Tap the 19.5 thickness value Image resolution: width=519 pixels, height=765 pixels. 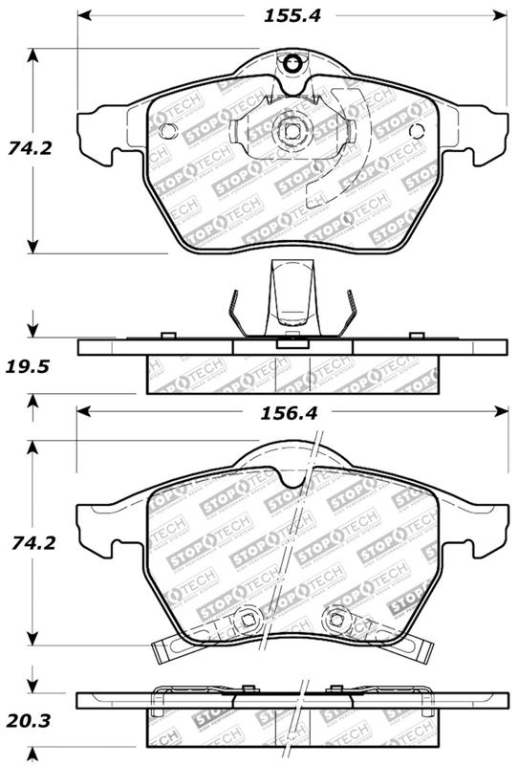click(x=26, y=365)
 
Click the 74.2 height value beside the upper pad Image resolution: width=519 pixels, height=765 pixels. click(x=26, y=149)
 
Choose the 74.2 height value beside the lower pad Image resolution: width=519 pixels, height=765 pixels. click(x=26, y=542)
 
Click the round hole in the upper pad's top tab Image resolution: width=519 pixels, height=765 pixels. click(x=292, y=65)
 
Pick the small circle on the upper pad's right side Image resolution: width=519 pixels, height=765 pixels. click(x=416, y=131)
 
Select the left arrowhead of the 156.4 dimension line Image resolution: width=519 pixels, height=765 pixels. click(x=82, y=410)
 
